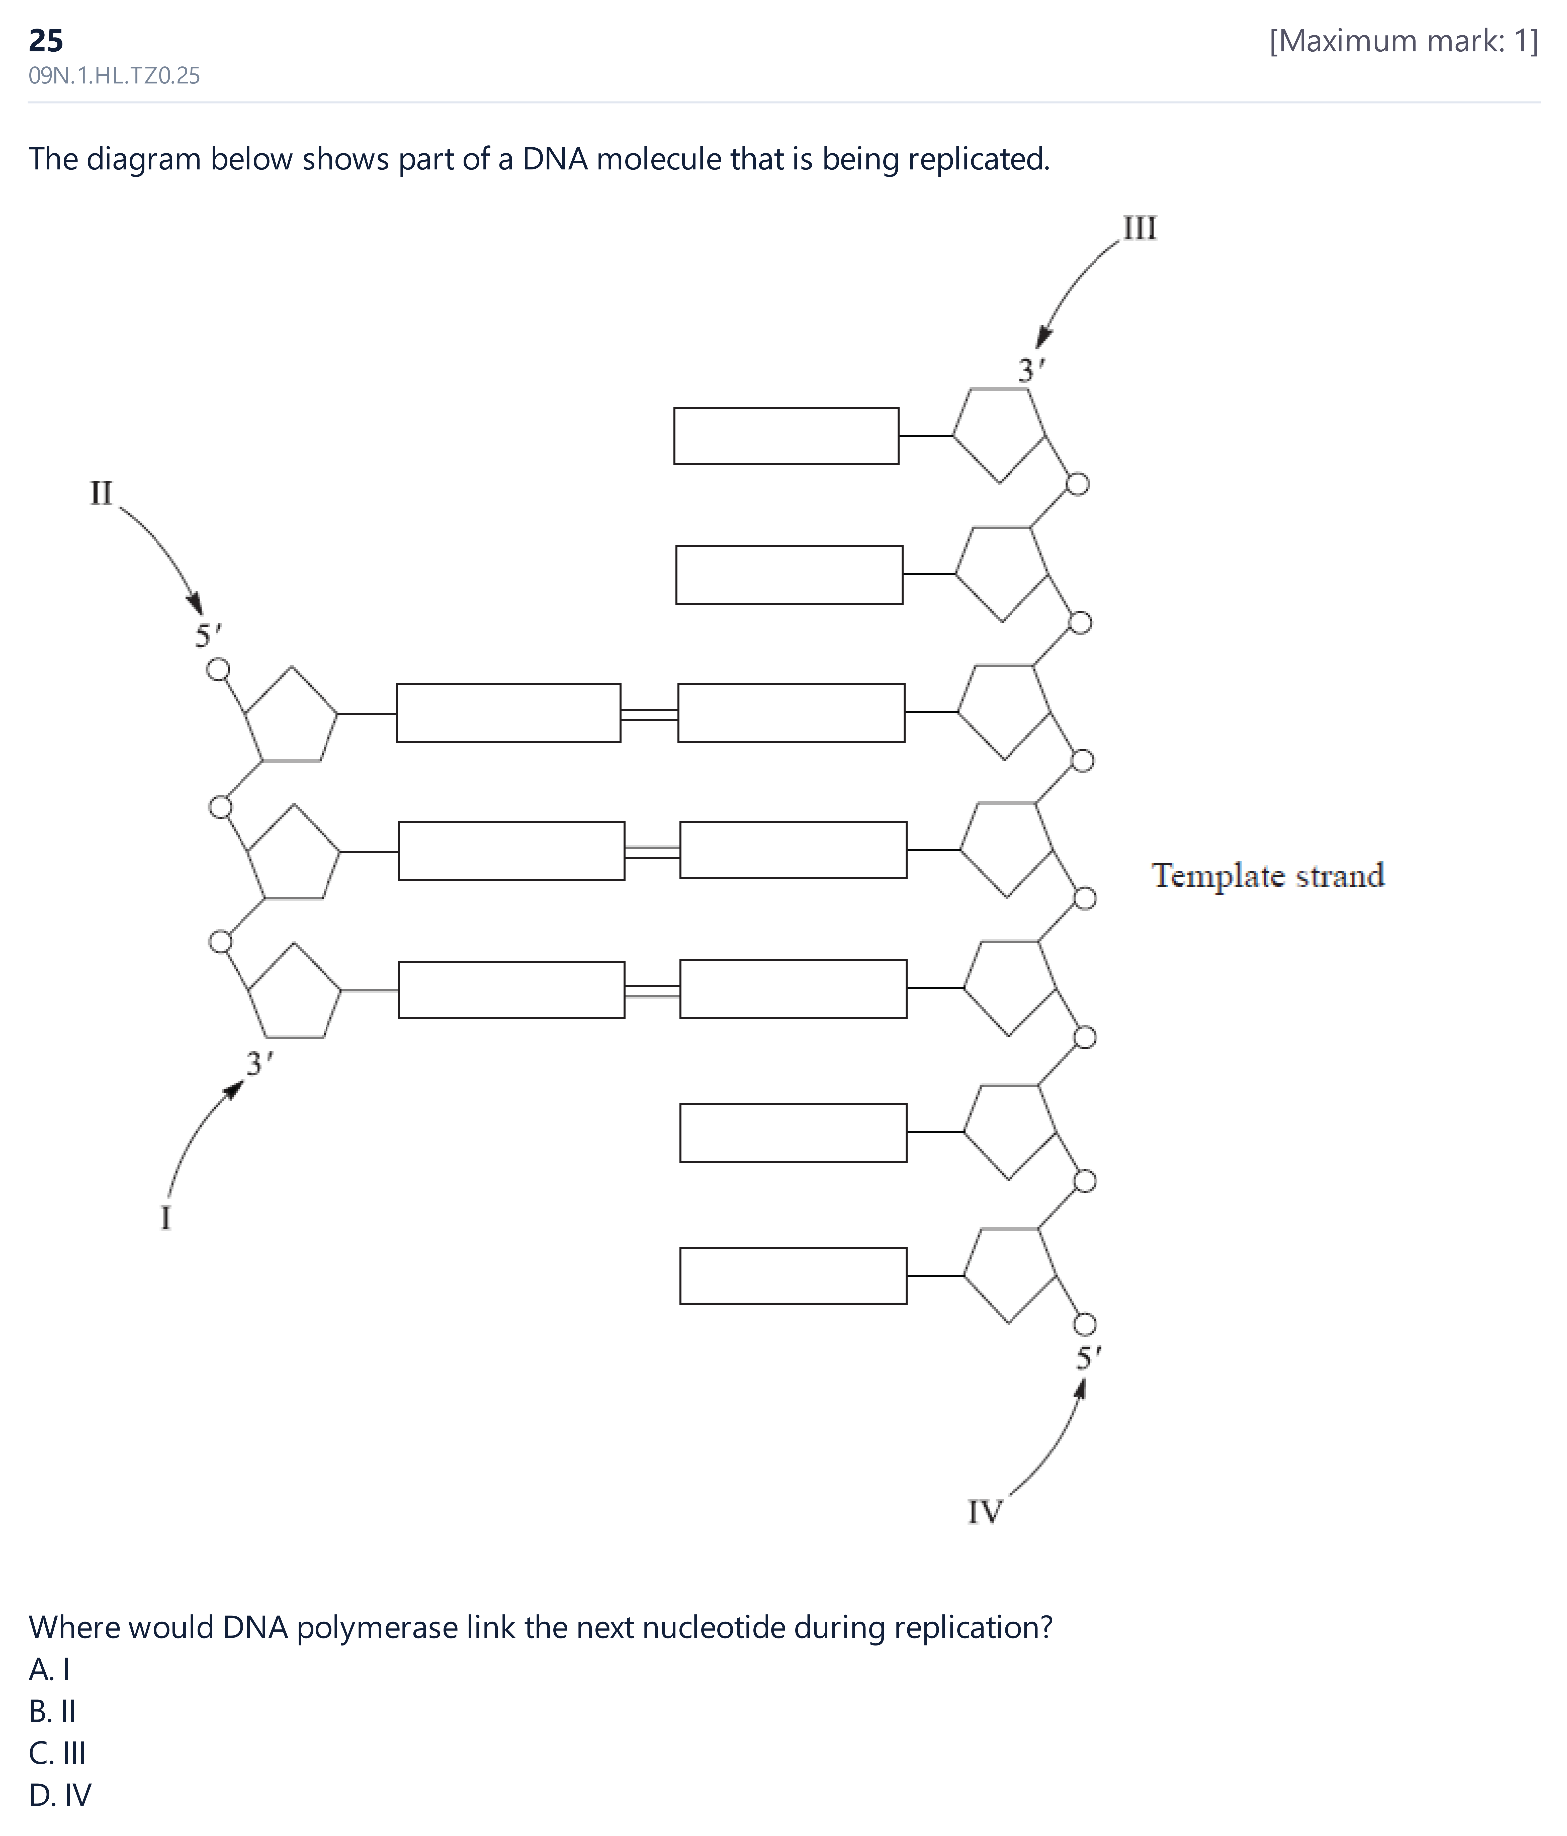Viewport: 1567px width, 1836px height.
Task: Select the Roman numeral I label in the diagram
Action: point(166,1217)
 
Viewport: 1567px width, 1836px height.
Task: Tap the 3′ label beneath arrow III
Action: point(1032,369)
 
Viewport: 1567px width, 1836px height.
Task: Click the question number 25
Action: point(46,40)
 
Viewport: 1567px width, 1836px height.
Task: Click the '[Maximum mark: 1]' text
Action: point(1404,41)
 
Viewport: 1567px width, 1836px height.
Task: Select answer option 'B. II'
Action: point(52,1711)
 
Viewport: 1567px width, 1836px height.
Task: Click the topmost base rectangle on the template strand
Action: point(786,436)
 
